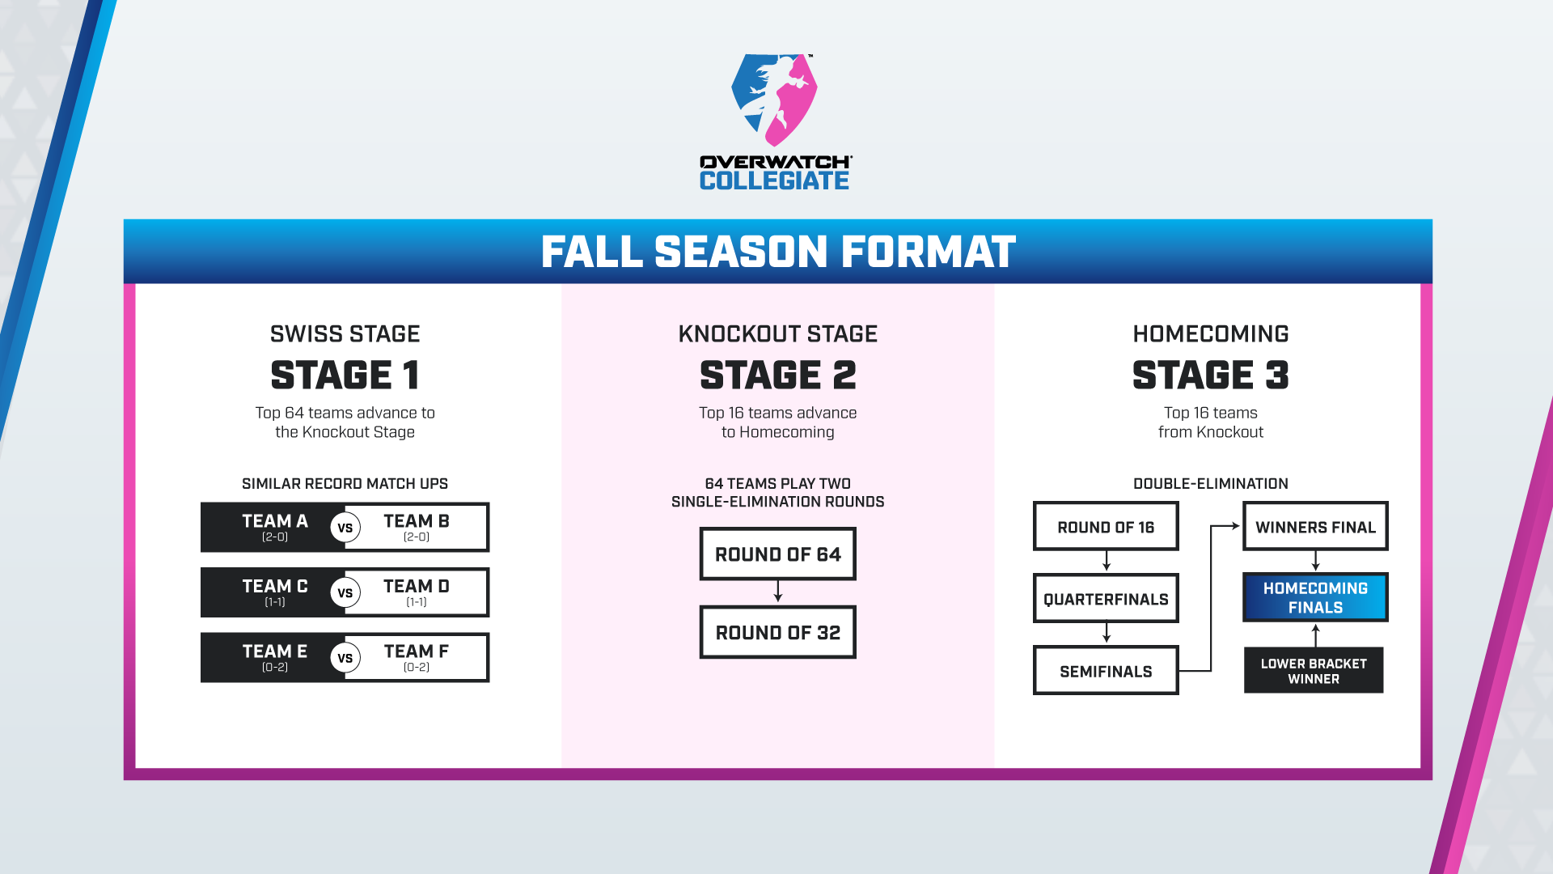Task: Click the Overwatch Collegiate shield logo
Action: point(774,100)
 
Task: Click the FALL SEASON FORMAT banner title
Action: point(778,252)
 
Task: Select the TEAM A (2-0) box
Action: point(273,527)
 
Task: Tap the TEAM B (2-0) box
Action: point(417,527)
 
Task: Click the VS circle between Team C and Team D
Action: point(345,592)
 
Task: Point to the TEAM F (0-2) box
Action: point(417,657)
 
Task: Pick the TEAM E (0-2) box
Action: point(273,657)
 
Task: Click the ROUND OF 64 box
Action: point(778,554)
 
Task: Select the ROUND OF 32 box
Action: point(778,632)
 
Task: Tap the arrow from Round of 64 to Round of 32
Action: point(778,592)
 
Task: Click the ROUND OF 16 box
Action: point(1106,526)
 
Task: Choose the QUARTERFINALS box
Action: point(1106,598)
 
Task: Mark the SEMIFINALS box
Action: point(1106,670)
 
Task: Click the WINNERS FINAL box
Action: point(1315,526)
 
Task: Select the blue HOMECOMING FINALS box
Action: point(1315,597)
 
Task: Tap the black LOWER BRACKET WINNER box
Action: point(1314,670)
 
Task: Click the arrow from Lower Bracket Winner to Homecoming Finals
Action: point(1316,635)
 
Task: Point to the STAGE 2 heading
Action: point(778,375)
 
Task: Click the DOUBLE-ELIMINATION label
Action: point(1211,484)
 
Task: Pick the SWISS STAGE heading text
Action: point(345,334)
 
